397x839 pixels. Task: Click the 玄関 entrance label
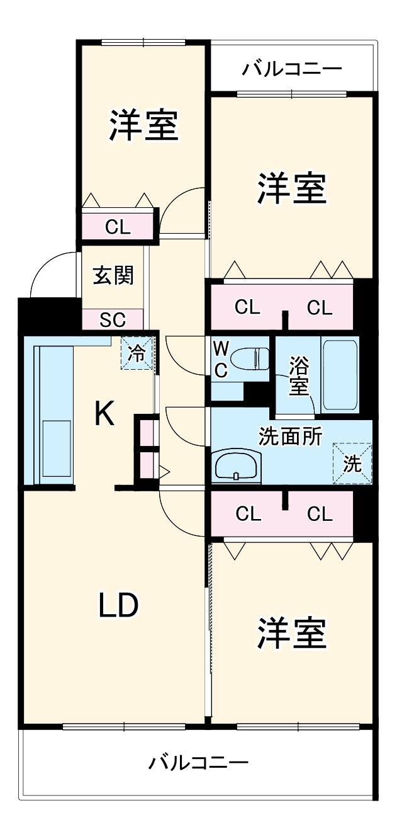point(114,276)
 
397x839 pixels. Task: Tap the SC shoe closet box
point(113,319)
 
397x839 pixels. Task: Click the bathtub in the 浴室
point(340,376)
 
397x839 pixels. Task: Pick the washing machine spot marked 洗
point(352,464)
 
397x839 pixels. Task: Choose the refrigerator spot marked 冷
point(136,353)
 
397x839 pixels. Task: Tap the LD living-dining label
point(118,606)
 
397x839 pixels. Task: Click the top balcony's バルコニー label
point(293,69)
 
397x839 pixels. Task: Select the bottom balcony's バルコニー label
point(199,763)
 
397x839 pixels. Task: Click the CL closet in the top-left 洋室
point(118,227)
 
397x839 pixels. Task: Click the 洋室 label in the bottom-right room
point(292,633)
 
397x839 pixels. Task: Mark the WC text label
point(220,359)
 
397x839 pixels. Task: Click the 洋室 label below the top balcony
point(292,188)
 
